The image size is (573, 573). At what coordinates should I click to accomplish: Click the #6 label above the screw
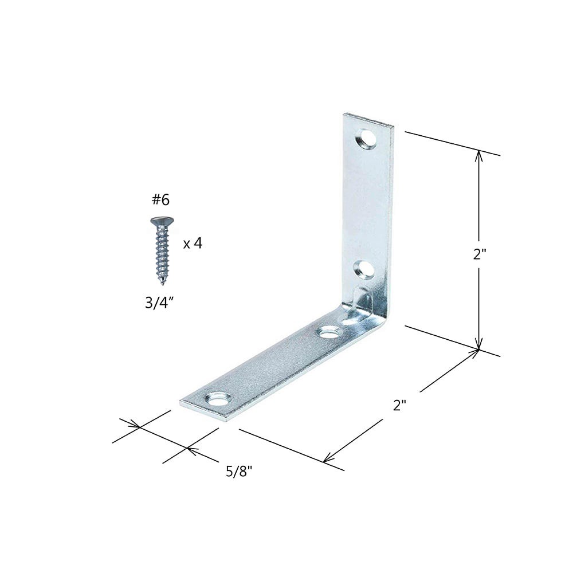(x=161, y=200)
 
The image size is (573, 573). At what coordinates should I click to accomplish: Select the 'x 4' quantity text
(x=193, y=244)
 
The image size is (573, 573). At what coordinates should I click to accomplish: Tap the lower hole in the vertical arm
(x=362, y=266)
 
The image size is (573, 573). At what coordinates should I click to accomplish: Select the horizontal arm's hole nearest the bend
(x=328, y=331)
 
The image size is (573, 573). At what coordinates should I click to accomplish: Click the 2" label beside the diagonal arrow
(x=399, y=405)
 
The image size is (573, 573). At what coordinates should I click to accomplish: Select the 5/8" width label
(x=239, y=472)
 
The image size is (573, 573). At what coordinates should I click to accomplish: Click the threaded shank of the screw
(x=161, y=252)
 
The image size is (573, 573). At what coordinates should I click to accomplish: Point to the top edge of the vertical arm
(x=370, y=119)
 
